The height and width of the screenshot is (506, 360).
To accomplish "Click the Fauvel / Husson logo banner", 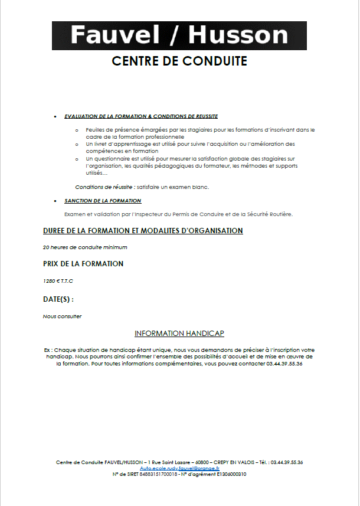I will tap(179, 35).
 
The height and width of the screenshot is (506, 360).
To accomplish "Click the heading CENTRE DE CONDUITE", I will tap(179, 61).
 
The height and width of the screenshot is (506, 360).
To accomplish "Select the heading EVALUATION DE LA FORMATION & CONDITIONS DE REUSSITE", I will tap(141, 116).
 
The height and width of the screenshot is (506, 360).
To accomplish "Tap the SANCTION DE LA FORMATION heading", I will tap(103, 201).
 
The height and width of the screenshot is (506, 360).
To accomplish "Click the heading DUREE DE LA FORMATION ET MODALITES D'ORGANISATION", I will tap(143, 231).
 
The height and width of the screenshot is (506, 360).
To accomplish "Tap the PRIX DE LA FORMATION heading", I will tap(83, 264).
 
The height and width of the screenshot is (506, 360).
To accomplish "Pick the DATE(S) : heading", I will tap(58, 299).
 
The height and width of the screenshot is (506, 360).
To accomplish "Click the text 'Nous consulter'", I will tap(63, 316).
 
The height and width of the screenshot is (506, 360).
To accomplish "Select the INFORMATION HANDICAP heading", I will tap(179, 334).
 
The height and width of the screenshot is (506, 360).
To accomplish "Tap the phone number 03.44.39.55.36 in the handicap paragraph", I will tap(284, 364).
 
